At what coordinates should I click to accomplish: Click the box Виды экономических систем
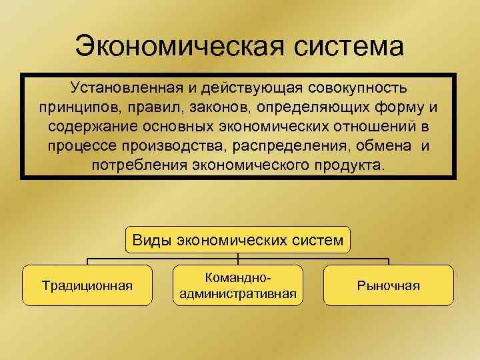(x=239, y=240)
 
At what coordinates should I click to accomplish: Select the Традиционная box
(x=87, y=285)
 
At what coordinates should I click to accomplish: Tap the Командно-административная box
(x=238, y=285)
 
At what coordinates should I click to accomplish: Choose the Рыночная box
(x=389, y=285)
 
